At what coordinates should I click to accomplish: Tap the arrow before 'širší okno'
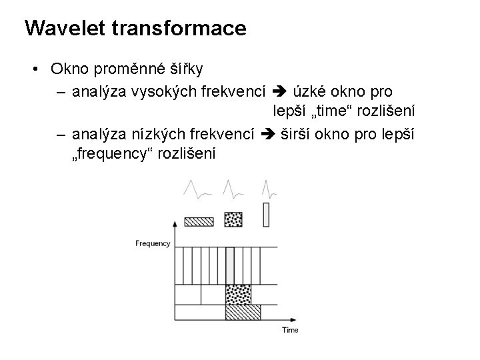(x=269, y=135)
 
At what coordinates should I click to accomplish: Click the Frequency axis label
(x=153, y=243)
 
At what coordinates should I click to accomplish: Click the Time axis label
(x=290, y=330)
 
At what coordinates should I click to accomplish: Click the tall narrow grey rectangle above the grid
(x=267, y=214)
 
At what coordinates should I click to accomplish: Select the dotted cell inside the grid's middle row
(x=239, y=294)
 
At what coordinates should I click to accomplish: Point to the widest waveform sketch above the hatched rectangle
(x=197, y=192)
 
